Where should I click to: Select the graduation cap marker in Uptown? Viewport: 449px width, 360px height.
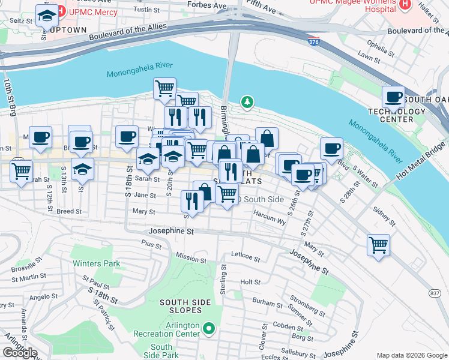coord(46,16)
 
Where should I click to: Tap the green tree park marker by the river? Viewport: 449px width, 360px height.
coord(246,103)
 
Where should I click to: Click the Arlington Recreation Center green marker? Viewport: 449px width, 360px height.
coord(209,328)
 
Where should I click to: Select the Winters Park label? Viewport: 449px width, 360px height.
coord(96,263)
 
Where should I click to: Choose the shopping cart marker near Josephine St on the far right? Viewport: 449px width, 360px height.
coord(378,244)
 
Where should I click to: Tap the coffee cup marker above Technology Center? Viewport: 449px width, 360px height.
coord(394,97)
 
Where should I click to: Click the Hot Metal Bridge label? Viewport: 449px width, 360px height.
coord(421,160)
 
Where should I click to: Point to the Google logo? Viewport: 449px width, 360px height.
coord(20,353)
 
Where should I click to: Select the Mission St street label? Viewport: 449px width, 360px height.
coord(191,258)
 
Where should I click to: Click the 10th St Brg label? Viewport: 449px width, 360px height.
coord(9,96)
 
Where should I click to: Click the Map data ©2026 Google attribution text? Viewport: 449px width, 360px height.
coord(411,355)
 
